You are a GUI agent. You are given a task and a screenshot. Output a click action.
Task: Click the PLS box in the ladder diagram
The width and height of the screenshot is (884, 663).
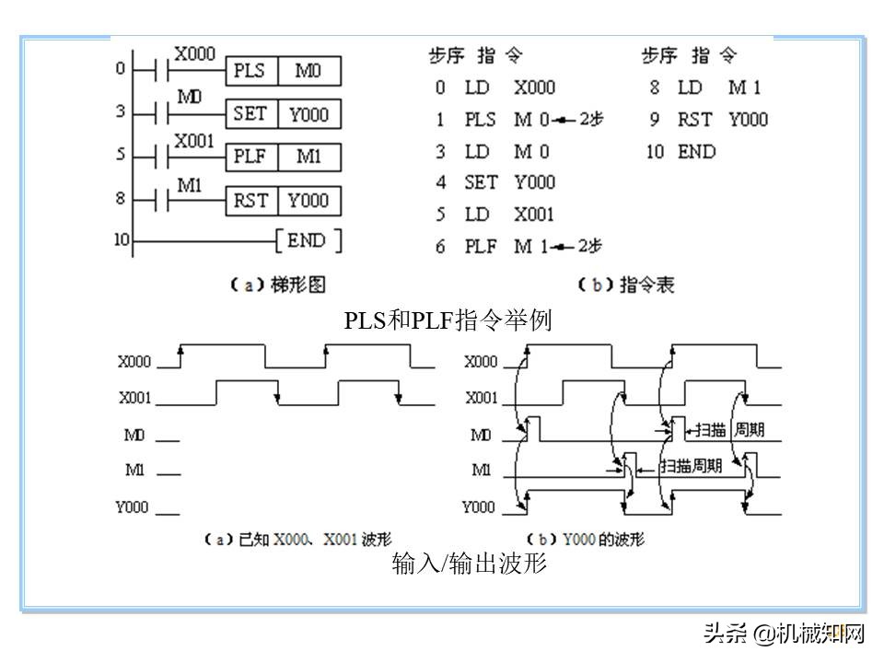point(249,71)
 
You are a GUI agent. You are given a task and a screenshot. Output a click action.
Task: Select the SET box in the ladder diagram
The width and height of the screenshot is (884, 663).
point(250,114)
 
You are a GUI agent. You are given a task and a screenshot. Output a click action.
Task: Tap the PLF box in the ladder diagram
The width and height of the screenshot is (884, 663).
point(249,157)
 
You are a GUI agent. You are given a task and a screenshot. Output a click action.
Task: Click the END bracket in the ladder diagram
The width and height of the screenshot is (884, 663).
point(308,241)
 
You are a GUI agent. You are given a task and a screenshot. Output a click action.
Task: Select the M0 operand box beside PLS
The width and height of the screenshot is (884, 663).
point(309,71)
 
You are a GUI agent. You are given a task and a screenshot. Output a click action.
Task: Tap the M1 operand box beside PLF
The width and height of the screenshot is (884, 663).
point(309,157)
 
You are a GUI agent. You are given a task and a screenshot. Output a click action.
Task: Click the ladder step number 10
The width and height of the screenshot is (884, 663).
point(122,240)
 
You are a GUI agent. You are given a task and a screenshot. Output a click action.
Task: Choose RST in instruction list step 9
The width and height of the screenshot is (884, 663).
point(694,120)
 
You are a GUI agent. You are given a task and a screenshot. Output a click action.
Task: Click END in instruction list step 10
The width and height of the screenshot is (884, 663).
point(696,152)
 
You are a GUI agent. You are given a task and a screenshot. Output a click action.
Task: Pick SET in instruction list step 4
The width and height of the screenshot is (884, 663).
point(481,182)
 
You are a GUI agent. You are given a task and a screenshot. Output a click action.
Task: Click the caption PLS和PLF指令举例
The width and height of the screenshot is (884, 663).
point(448,320)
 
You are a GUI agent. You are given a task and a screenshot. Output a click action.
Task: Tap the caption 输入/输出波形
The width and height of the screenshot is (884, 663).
point(470,563)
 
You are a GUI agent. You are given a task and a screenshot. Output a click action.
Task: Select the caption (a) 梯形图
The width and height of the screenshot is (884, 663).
point(277,285)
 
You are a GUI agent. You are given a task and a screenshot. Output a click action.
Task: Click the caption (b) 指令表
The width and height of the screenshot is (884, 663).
point(626,285)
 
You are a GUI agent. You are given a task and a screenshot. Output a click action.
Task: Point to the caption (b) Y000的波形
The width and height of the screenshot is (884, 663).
point(585,539)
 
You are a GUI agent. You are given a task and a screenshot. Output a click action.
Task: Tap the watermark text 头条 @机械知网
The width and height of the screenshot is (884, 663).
point(785,634)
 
